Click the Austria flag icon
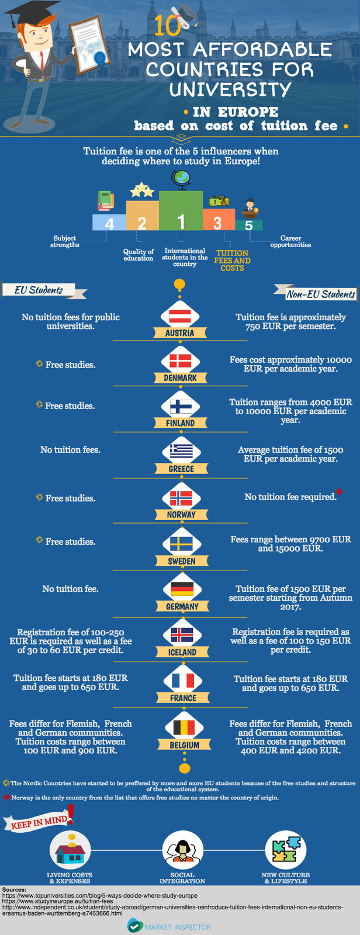click(181, 316)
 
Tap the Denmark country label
click(180, 378)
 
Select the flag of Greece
click(181, 451)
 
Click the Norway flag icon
click(181, 498)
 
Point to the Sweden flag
click(181, 544)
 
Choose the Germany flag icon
click(182, 589)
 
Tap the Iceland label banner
click(182, 652)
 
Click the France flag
click(182, 680)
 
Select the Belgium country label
click(184, 745)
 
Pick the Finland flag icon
click(181, 406)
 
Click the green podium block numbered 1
click(181, 211)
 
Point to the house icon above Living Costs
click(70, 851)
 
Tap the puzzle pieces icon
click(286, 850)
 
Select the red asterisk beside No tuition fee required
click(340, 492)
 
